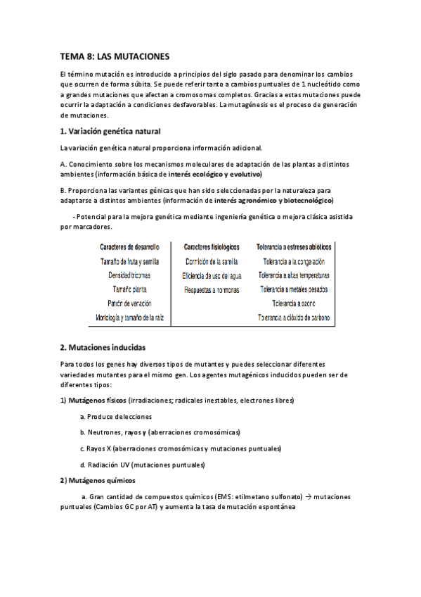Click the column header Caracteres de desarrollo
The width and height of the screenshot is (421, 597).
(x=130, y=247)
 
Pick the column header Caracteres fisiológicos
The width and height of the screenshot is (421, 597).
(x=212, y=247)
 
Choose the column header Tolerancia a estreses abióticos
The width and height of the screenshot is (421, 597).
(x=294, y=247)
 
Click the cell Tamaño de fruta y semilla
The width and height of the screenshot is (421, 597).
(x=130, y=261)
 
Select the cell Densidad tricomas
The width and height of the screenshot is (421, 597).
(x=130, y=275)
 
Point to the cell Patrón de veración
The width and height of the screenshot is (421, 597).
(x=130, y=304)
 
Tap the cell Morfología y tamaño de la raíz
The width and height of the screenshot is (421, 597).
(x=130, y=318)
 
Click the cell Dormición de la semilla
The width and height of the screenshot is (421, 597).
(x=212, y=261)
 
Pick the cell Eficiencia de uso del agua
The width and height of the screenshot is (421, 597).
(x=212, y=275)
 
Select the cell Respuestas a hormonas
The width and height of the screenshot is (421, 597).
(x=212, y=290)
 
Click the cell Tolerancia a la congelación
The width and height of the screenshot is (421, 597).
(x=294, y=261)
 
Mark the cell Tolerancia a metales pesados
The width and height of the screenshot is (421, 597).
(x=294, y=290)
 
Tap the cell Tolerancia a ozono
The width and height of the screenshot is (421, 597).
(x=294, y=304)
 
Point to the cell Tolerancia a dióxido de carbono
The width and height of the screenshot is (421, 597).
(x=294, y=318)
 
